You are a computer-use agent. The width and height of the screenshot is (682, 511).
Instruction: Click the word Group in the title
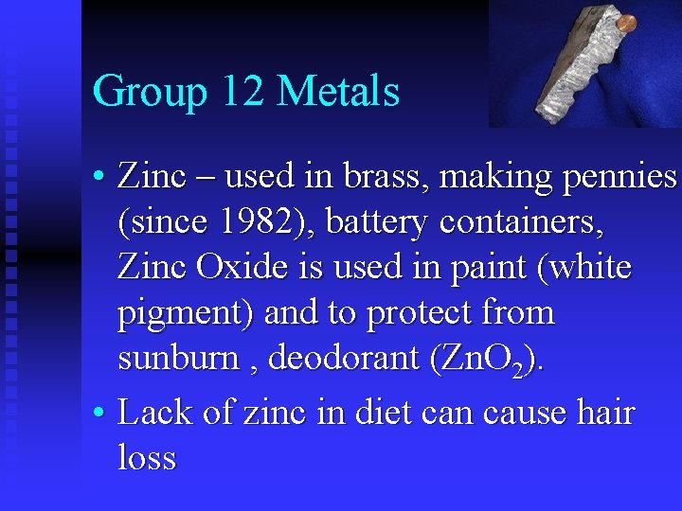click(150, 93)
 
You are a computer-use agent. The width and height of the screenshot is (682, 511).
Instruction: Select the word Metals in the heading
click(339, 92)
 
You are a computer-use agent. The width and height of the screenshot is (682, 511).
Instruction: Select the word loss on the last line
click(147, 458)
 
